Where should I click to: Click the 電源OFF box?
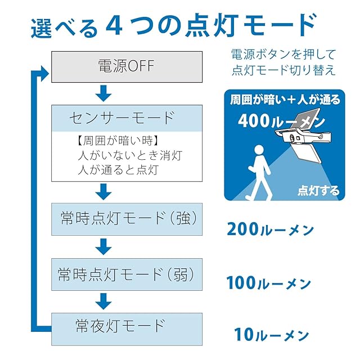click(127, 67)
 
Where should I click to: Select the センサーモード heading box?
click(127, 118)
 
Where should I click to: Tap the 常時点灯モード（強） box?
click(127, 219)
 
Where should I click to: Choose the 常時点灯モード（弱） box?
click(127, 274)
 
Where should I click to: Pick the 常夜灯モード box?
click(127, 329)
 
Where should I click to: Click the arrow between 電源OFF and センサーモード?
click(103, 93)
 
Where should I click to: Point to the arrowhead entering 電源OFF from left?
click(45, 74)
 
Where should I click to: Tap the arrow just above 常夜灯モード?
click(103, 301)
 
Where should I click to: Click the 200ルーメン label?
click(270, 229)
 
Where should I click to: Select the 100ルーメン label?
click(269, 283)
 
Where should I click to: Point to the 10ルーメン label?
click(271, 335)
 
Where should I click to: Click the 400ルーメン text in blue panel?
click(281, 121)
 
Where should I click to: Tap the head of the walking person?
click(260, 150)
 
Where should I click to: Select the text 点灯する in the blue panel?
click(318, 191)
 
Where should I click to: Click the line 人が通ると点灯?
click(119, 170)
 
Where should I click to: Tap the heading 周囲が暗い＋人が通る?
click(285, 100)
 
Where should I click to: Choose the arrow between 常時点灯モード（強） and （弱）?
click(103, 246)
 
